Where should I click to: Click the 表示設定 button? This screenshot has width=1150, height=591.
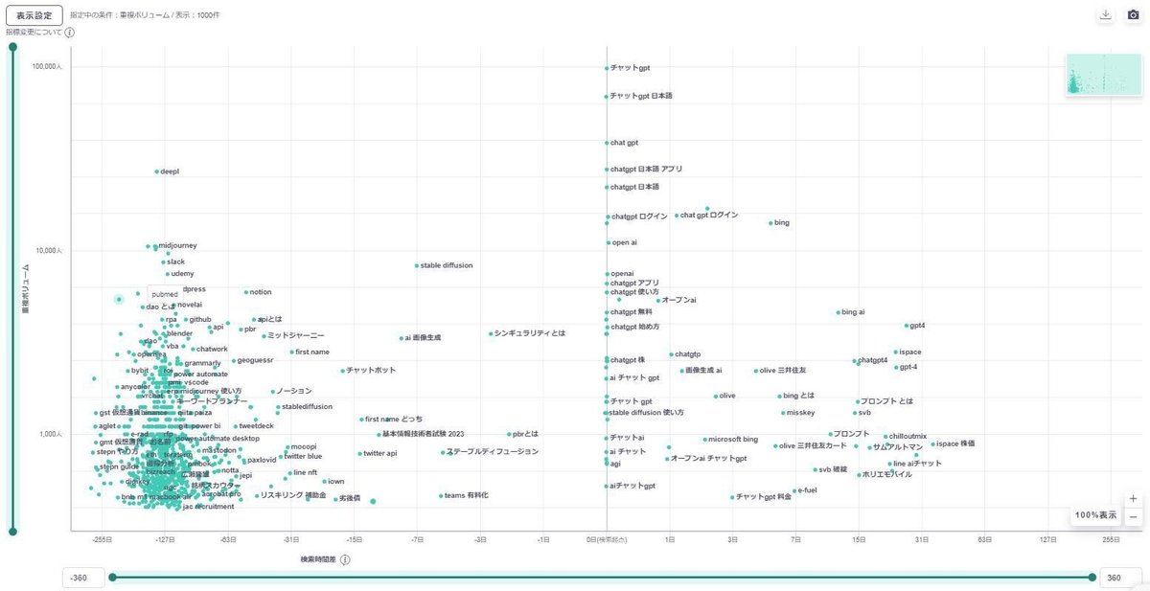click(x=34, y=15)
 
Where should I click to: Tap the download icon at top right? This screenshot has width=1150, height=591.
click(x=1106, y=15)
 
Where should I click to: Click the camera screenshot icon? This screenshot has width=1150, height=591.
click(x=1132, y=15)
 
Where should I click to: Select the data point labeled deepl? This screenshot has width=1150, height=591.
click(x=157, y=171)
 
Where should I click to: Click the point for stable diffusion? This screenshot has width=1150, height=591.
click(x=417, y=265)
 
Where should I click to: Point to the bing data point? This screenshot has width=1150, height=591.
click(x=770, y=223)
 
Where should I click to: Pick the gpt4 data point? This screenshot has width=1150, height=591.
click(x=907, y=326)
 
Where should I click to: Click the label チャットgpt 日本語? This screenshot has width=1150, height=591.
click(x=641, y=96)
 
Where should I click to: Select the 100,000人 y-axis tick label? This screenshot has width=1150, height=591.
click(x=46, y=68)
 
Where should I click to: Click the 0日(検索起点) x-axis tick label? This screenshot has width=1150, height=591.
click(x=606, y=540)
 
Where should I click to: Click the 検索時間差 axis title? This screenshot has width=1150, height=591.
click(x=318, y=559)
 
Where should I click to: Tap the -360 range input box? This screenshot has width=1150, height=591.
click(x=80, y=577)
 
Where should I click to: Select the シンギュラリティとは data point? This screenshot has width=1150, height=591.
click(x=491, y=333)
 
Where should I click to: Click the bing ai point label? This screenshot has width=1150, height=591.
click(x=853, y=312)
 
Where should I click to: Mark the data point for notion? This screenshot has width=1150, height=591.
click(x=246, y=292)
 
